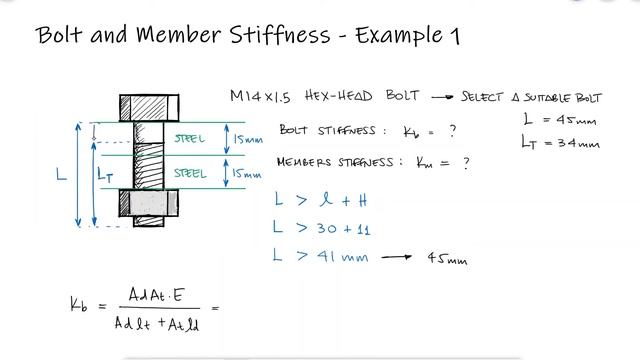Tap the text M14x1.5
tap(261, 97)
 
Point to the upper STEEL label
tap(190, 139)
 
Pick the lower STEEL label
tap(190, 173)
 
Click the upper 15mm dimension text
tap(249, 138)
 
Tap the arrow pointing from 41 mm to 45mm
tap(396, 257)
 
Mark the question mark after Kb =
tap(453, 130)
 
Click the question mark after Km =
tap(466, 161)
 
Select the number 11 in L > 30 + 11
tap(361, 229)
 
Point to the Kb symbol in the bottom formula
tap(77, 305)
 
